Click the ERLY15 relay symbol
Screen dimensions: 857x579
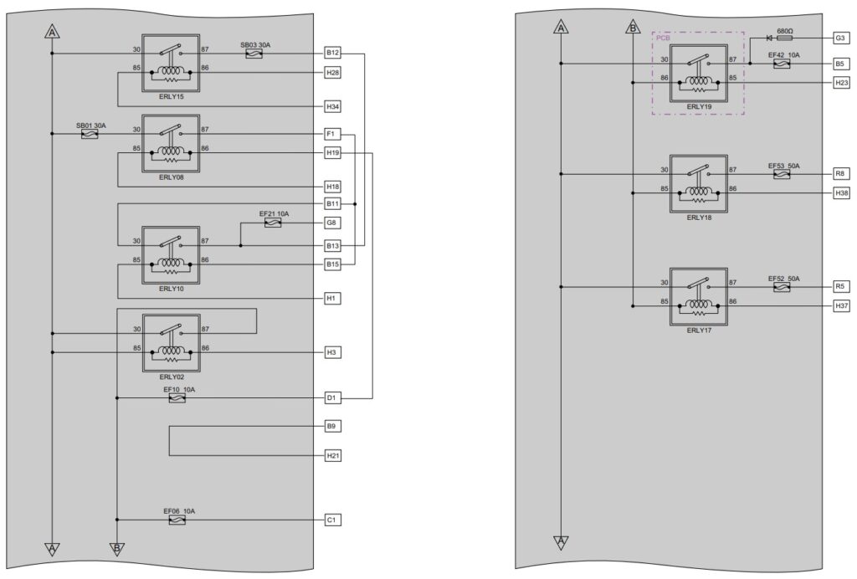(171, 64)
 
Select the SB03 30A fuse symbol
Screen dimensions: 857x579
(254, 54)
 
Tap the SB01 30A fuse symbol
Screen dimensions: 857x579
(90, 134)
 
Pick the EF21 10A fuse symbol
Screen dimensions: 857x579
(273, 223)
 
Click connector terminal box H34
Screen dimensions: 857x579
(333, 106)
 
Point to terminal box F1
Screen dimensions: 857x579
(331, 134)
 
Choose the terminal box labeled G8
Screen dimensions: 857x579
(331, 223)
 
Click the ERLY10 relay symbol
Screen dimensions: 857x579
(171, 255)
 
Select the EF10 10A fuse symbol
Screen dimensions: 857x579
(177, 398)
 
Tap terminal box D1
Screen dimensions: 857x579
(331, 398)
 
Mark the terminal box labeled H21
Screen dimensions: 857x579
(333, 455)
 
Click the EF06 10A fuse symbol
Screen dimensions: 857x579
(177, 520)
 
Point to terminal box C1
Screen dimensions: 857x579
(331, 520)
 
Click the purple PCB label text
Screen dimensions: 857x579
(663, 38)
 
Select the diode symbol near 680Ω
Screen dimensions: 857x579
(770, 38)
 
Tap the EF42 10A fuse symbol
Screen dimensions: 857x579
(783, 64)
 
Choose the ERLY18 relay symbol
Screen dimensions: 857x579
(699, 184)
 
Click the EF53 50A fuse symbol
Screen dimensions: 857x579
(783, 174)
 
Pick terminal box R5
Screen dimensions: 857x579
(840, 286)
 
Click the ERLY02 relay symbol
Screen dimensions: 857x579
(171, 343)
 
